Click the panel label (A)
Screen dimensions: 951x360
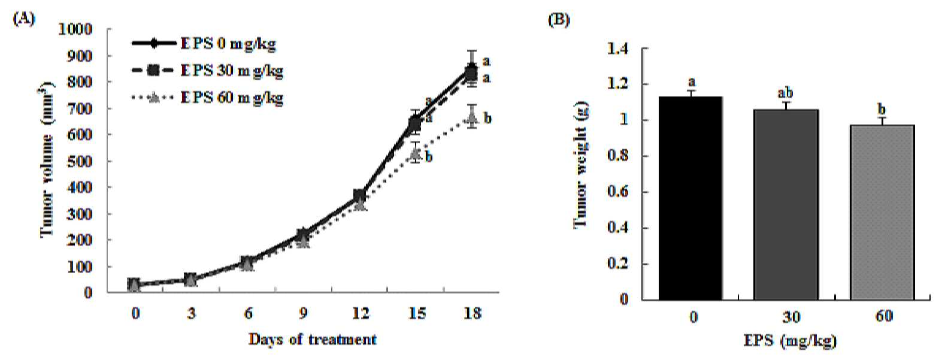[24, 19]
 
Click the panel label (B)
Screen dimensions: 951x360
[559, 20]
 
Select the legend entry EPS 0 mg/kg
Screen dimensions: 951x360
[204, 43]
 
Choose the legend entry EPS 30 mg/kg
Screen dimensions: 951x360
[207, 71]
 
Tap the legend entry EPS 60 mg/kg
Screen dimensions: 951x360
[207, 98]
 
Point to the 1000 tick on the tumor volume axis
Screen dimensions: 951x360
[75, 29]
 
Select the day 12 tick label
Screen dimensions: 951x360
[361, 313]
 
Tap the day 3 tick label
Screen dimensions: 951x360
[192, 313]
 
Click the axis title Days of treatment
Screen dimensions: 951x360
[313, 340]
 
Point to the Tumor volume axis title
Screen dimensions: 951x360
[48, 159]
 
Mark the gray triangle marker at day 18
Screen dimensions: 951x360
[472, 117]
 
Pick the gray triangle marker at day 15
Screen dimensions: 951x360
[416, 153]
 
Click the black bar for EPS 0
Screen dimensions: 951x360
[690, 198]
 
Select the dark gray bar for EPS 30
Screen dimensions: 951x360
[786, 205]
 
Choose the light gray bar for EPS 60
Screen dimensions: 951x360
[882, 212]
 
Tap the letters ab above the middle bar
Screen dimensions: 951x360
[785, 93]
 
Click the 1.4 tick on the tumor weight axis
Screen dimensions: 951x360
[617, 49]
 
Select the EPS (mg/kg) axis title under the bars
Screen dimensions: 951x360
[790, 341]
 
